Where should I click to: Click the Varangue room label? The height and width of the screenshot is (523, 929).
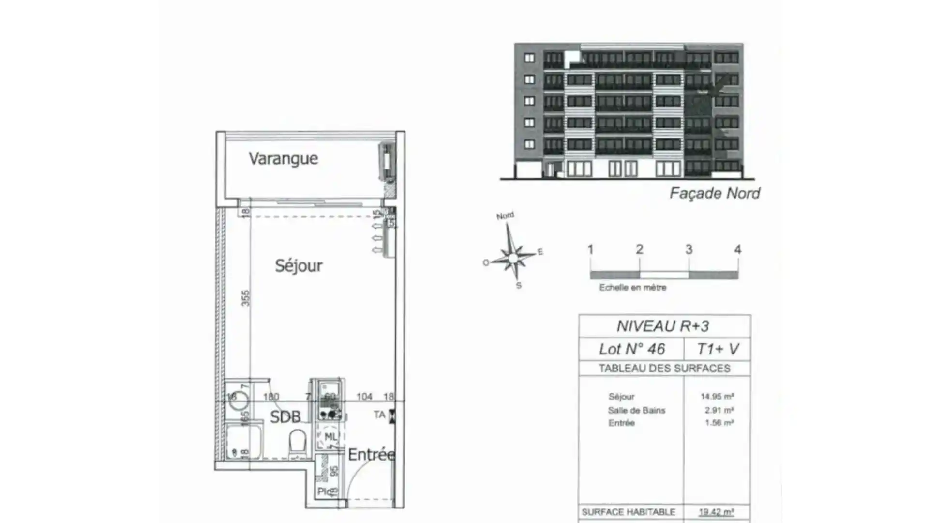(283, 158)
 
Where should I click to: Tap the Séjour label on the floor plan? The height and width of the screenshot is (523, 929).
(299, 265)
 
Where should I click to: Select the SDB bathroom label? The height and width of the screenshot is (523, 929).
(285, 416)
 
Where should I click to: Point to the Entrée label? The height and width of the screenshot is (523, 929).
(371, 455)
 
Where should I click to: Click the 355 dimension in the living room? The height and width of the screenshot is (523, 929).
(246, 297)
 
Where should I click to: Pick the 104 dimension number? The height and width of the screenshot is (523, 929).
(364, 397)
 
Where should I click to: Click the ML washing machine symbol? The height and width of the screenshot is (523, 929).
(330, 437)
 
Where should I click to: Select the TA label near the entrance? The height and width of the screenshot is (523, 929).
(380, 415)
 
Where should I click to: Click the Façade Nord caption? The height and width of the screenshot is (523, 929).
(714, 193)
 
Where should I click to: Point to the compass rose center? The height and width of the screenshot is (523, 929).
(512, 257)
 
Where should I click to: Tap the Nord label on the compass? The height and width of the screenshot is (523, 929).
(505, 216)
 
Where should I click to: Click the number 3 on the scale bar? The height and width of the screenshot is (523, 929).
(689, 250)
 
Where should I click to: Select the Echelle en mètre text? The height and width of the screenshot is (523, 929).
(632, 288)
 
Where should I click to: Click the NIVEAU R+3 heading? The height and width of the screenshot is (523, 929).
(663, 326)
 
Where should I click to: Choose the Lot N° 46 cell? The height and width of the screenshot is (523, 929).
(631, 349)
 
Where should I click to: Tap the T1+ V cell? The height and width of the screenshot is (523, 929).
(718, 349)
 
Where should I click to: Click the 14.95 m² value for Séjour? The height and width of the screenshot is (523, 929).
(717, 397)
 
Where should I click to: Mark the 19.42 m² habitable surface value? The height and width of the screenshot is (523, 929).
(716, 512)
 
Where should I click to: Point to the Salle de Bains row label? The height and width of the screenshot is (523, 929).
(636, 410)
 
